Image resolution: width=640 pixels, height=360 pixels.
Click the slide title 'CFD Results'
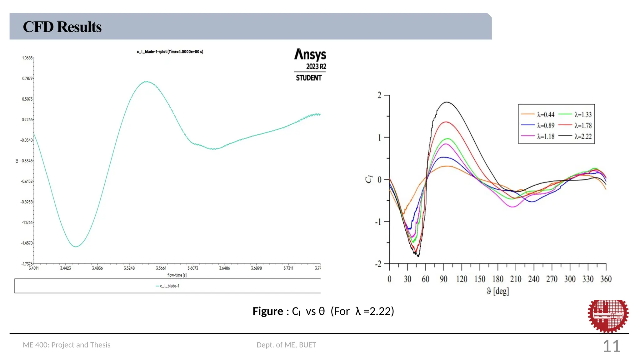point(62,27)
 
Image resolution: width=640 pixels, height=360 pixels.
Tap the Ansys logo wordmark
point(310,55)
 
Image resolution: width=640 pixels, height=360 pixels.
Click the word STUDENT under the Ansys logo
point(309,78)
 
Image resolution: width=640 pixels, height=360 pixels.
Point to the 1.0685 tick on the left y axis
point(27,58)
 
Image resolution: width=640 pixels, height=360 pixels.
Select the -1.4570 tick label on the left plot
point(27,243)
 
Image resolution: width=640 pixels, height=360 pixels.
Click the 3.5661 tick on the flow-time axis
point(161,268)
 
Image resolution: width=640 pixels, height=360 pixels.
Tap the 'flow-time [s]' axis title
point(177,275)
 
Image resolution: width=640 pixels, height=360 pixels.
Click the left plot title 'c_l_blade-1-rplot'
point(170,52)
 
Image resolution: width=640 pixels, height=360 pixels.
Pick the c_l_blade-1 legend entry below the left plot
point(168,286)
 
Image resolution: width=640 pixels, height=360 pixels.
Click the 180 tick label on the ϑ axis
point(498,279)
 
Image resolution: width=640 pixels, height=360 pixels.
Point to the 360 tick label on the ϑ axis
point(606,279)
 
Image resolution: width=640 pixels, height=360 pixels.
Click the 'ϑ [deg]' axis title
point(498,291)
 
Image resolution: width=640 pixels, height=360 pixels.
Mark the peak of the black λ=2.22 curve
point(447,102)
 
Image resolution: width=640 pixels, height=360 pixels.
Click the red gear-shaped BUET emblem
point(608,316)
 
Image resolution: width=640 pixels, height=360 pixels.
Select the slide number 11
point(611,346)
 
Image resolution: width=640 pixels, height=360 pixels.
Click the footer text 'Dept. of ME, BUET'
point(286,345)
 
